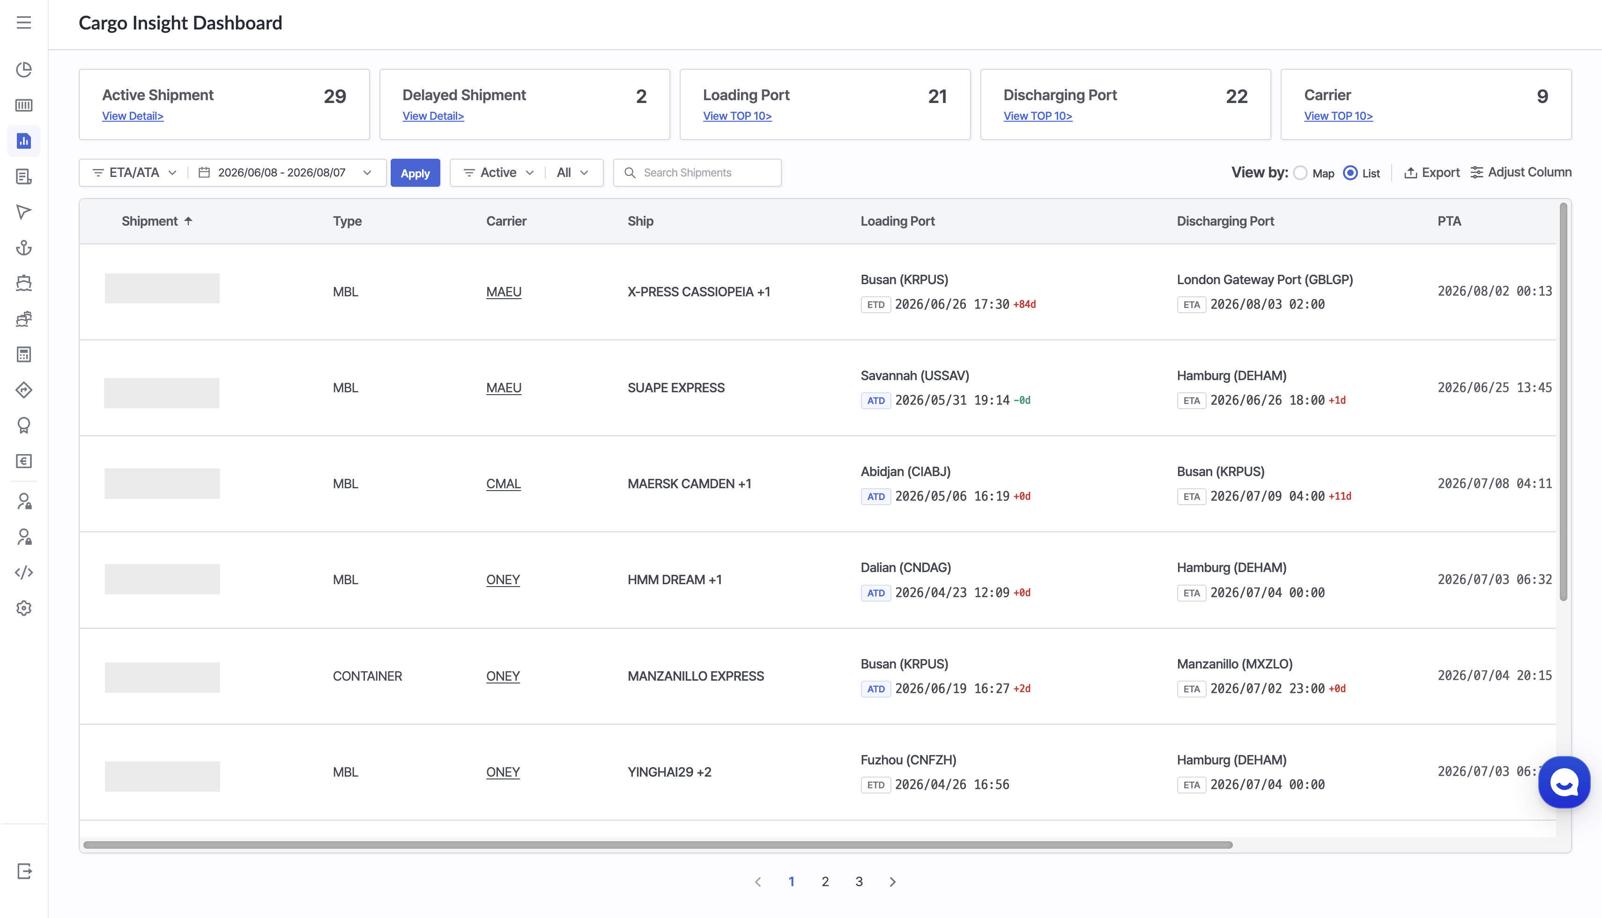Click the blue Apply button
tap(415, 173)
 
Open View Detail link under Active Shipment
tap(133, 116)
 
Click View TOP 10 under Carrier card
tap(1338, 116)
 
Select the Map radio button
tap(1300, 173)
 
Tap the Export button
tap(1431, 172)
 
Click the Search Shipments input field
tap(697, 173)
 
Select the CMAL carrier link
tap(503, 484)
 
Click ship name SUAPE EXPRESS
tap(676, 388)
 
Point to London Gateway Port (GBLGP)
tap(1265, 279)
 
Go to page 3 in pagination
tap(859, 881)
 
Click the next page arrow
tap(892, 881)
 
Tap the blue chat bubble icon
tap(1564, 782)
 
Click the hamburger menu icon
tap(24, 22)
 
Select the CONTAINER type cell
tap(367, 676)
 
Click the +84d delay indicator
tap(1024, 305)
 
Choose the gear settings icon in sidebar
tap(24, 608)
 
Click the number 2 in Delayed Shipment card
tap(641, 96)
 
